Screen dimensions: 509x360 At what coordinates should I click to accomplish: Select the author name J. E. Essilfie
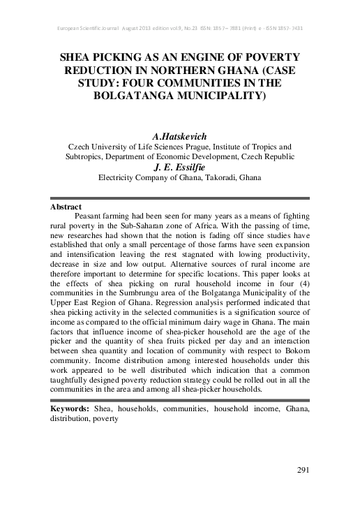tap(179, 167)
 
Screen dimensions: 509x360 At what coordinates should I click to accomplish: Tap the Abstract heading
tap(67, 207)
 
